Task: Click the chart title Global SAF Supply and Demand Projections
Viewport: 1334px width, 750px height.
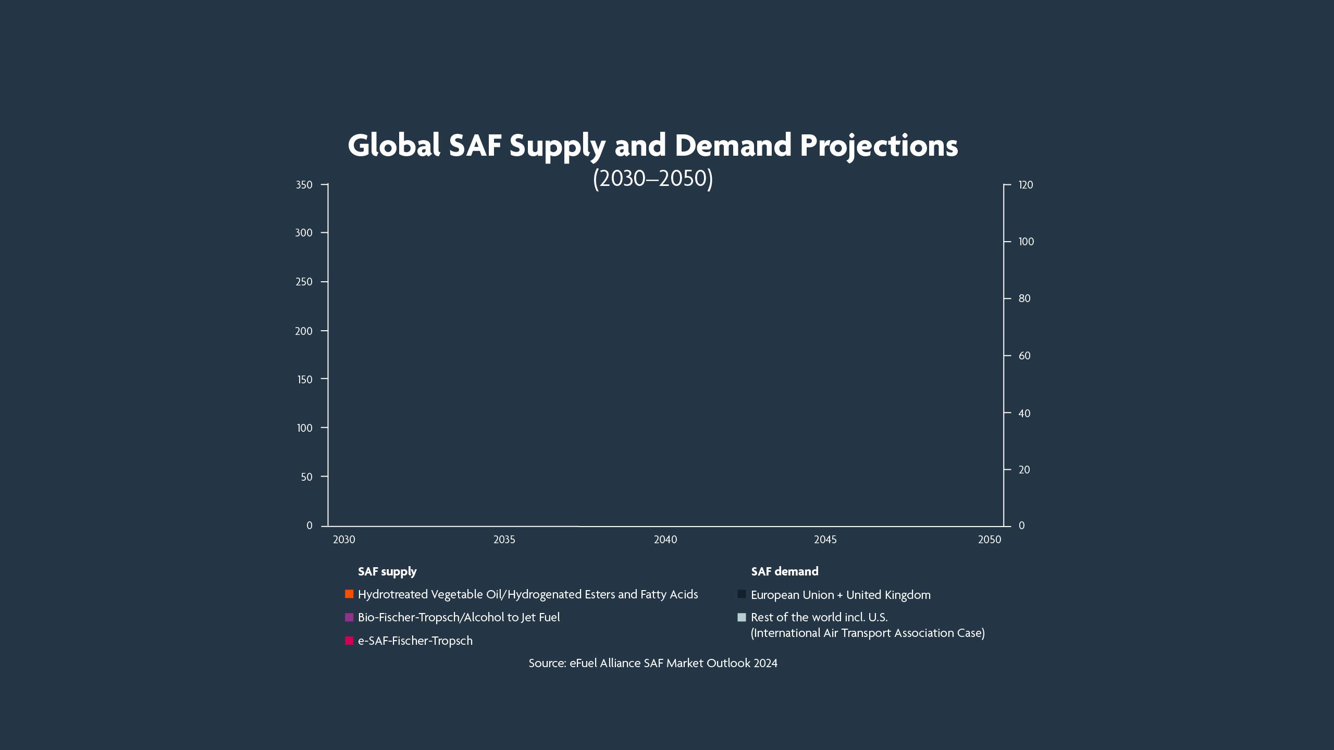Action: (x=652, y=145)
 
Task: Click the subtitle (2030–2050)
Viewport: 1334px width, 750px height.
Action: (x=652, y=178)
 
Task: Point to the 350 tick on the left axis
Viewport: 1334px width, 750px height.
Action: (x=304, y=185)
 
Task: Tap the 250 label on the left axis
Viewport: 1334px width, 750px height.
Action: (x=304, y=282)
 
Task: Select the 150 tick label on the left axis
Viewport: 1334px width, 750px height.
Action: (x=304, y=380)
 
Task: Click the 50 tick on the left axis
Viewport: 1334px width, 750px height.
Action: (x=306, y=477)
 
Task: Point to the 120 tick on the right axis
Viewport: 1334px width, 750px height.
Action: (x=1026, y=185)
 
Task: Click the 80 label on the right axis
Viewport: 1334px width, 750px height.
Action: (x=1024, y=298)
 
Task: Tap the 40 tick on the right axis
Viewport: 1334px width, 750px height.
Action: (x=1024, y=413)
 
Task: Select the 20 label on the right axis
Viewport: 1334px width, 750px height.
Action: (x=1024, y=470)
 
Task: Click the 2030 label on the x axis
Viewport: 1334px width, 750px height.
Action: (x=344, y=540)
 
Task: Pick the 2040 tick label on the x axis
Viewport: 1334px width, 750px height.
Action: (x=665, y=540)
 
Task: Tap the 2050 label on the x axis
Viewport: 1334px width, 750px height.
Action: (x=990, y=540)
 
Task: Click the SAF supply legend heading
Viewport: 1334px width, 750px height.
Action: (x=387, y=571)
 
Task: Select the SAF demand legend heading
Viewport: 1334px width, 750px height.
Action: (x=784, y=571)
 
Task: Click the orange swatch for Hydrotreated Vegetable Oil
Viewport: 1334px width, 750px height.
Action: (x=349, y=594)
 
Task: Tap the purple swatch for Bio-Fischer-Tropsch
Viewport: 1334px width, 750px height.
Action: (x=349, y=617)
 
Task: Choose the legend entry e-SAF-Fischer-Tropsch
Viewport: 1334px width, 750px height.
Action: (x=415, y=641)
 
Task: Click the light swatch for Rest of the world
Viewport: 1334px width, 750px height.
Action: (x=742, y=618)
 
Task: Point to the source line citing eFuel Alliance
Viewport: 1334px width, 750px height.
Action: (x=652, y=663)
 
